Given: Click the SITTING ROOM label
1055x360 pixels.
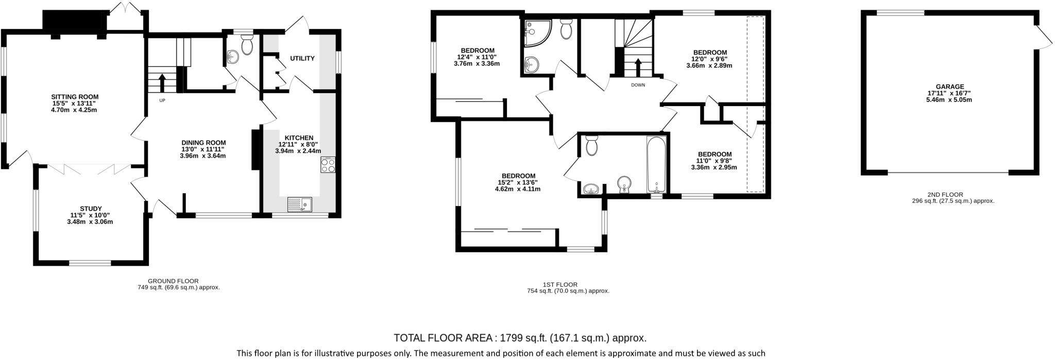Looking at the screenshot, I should pyautogui.click(x=74, y=97).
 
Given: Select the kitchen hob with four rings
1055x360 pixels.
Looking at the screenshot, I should pyautogui.click(x=328, y=165).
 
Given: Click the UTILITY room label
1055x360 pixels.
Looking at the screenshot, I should pyautogui.click(x=302, y=58).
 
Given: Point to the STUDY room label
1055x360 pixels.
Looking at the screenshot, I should pyautogui.click(x=90, y=209).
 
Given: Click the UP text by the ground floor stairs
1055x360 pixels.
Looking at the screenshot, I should pyautogui.click(x=162, y=100).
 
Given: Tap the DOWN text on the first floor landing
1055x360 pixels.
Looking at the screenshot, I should pyautogui.click(x=638, y=85).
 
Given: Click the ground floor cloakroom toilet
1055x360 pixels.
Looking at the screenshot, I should pyautogui.click(x=247, y=46).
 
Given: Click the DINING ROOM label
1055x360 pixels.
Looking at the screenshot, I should pyautogui.click(x=203, y=143).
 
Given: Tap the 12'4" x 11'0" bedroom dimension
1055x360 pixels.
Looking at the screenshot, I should pyautogui.click(x=477, y=57).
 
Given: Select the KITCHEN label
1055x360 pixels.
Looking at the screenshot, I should pyautogui.click(x=299, y=138).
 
